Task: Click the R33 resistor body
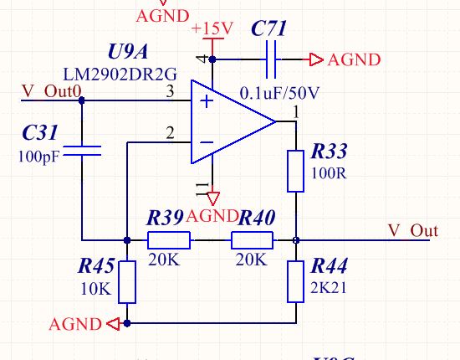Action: pos(295,171)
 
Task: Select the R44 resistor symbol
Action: pos(295,281)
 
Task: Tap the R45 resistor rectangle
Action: pos(127,282)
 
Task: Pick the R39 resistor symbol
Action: pos(169,240)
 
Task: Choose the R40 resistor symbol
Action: pos(253,240)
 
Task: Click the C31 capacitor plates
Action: pos(82,151)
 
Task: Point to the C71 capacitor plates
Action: pos(271,59)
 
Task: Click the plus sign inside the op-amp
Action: pos(207,101)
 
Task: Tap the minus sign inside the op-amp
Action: pos(207,142)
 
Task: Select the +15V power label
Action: pos(212,28)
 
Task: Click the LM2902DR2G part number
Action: pos(120,75)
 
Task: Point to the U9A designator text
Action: pos(128,52)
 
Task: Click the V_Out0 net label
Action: pos(52,91)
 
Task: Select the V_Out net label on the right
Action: pos(413,230)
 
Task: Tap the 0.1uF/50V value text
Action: pos(279,94)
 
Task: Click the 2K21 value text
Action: pos(329,288)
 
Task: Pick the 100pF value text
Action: pos(38,157)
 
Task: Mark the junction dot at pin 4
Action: pos(212,59)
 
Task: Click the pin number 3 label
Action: pos(170,91)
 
